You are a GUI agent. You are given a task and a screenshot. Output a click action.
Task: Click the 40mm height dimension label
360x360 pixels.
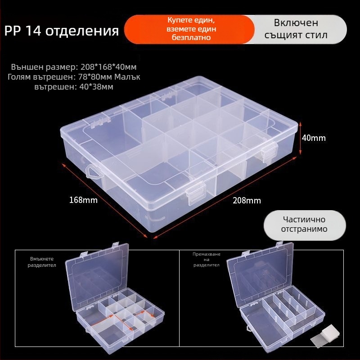click(x=314, y=138)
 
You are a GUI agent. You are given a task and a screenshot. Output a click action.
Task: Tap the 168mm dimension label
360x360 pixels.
click(x=83, y=200)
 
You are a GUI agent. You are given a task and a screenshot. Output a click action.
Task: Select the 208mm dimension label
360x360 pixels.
click(x=247, y=201)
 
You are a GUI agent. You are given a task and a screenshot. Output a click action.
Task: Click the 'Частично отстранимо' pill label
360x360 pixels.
click(x=305, y=225)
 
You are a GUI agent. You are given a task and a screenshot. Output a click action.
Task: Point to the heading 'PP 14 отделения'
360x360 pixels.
click(x=62, y=31)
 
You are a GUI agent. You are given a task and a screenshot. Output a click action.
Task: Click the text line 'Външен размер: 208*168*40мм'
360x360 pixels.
click(x=74, y=67)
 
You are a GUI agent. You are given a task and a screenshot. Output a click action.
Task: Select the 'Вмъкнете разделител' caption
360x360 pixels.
click(x=42, y=262)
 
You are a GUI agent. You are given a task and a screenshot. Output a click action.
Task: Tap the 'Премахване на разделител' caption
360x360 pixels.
click(x=207, y=260)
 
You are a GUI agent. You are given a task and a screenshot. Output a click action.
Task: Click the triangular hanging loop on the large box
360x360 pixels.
click(x=94, y=171)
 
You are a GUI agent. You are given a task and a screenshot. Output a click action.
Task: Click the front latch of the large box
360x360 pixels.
click(x=196, y=193)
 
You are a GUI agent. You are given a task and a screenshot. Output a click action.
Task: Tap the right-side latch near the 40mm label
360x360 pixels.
click(x=269, y=153)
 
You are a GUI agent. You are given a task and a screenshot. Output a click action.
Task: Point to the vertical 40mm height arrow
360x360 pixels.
click(x=300, y=139)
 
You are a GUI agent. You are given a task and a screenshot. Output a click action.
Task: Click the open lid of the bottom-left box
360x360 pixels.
click(x=96, y=278)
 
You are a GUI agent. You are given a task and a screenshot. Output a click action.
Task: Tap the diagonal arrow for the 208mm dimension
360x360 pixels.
click(x=225, y=198)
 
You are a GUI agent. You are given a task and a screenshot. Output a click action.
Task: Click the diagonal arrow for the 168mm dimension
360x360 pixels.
click(x=104, y=200)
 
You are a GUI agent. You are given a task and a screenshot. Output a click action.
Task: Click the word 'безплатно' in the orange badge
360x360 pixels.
click(x=191, y=37)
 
